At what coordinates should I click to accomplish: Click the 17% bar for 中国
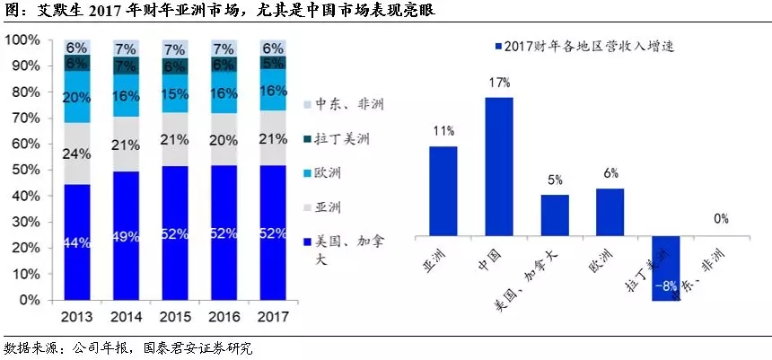499,167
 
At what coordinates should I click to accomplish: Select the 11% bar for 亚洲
443,191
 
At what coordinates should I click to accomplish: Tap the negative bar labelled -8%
665,268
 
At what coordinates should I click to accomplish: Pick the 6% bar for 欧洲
610,213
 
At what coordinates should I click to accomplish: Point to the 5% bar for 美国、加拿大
554,216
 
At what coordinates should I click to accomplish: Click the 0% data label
721,218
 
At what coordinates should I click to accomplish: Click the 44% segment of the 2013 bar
77,241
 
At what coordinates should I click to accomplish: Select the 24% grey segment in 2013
77,154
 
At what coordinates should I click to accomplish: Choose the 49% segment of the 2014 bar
127,237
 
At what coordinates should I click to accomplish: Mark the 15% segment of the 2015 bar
176,93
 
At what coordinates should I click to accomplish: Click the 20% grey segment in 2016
225,139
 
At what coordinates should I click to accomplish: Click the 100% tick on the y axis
24,40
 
